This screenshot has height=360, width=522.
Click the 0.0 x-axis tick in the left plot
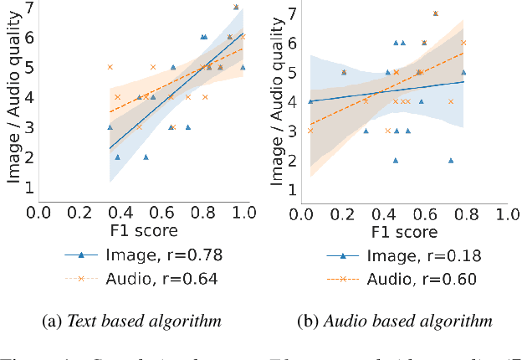[x=38, y=213]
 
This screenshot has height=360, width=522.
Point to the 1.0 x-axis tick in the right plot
[x=504, y=214]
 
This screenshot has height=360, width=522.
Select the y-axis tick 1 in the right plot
[x=293, y=188]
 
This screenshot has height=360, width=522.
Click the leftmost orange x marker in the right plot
[x=310, y=131]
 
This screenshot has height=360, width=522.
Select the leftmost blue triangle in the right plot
[x=310, y=101]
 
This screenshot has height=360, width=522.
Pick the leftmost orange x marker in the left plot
[x=110, y=67]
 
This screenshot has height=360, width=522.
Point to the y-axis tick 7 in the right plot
[x=293, y=13]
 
